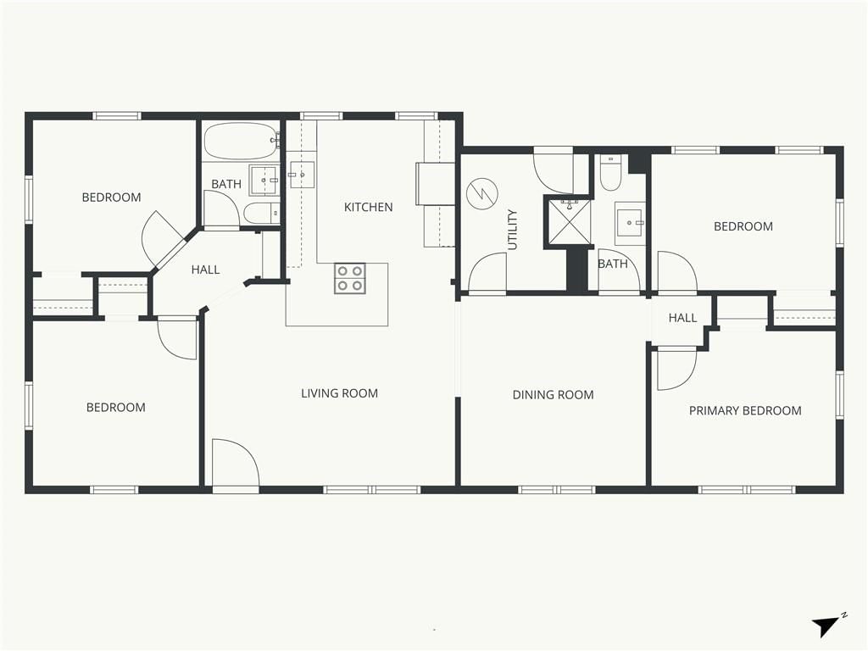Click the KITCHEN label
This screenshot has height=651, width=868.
click(368, 207)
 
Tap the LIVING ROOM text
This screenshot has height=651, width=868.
click(339, 393)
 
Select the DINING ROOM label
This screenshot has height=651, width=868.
click(553, 395)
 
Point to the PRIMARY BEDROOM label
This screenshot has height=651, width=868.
click(745, 411)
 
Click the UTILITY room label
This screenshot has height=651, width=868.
click(513, 230)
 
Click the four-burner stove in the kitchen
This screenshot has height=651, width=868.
click(350, 278)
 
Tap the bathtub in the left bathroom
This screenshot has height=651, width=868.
click(242, 142)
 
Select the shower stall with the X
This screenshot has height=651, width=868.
click(569, 221)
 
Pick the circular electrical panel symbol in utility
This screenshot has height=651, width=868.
click(482, 194)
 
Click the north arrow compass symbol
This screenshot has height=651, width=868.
click(827, 626)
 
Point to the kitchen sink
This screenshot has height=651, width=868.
click(301, 175)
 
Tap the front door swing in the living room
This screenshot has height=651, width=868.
click(236, 463)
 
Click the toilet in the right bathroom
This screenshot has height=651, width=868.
click(612, 173)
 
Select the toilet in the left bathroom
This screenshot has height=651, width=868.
click(261, 213)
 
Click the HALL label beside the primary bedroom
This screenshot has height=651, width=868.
click(682, 318)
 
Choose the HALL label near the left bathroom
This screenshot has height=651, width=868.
click(205, 270)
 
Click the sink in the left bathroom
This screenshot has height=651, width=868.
click(264, 181)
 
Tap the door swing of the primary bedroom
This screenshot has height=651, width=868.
click(676, 369)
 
